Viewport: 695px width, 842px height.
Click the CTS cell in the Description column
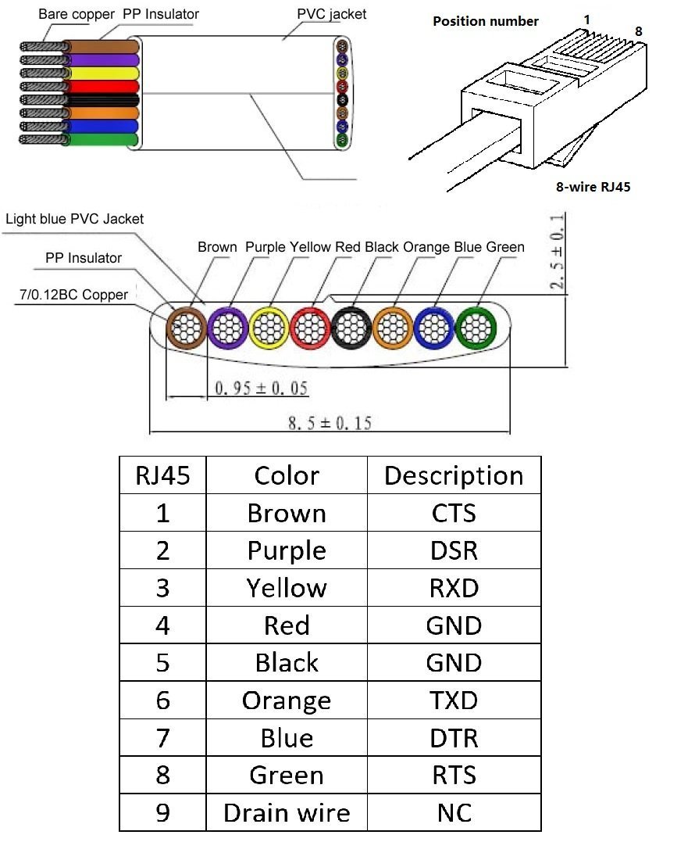(454, 513)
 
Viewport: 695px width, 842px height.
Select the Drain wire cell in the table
(287, 812)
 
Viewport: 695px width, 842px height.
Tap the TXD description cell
(454, 700)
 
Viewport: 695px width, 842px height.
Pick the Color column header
(287, 475)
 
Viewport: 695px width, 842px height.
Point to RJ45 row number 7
(162, 738)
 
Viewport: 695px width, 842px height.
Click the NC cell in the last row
(454, 812)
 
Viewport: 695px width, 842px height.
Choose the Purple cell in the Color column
(287, 550)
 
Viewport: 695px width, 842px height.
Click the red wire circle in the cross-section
(310, 328)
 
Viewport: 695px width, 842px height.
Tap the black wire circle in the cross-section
(351, 328)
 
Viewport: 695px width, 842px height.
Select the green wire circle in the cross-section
(475, 328)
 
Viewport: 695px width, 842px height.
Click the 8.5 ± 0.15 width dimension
(330, 423)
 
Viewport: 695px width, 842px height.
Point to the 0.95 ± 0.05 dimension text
(261, 388)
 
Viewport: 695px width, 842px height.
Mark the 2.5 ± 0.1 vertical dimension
(558, 251)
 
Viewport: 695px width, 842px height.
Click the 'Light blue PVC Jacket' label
(74, 219)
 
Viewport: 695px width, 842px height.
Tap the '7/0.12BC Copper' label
(73, 294)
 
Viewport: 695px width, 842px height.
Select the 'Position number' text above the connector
(485, 21)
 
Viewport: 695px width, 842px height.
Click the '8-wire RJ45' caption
(593, 187)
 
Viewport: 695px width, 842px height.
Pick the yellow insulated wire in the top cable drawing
(101, 73)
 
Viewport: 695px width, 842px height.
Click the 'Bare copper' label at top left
(77, 14)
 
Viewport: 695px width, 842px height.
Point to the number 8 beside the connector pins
(638, 31)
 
